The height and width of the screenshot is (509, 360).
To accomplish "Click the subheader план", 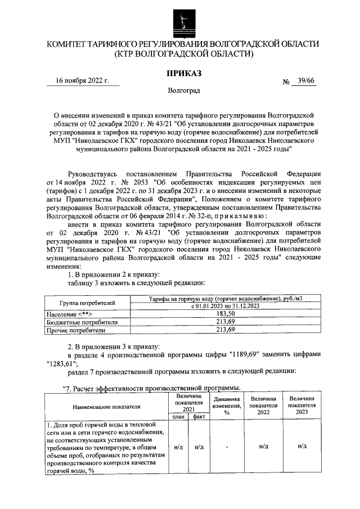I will [178, 417].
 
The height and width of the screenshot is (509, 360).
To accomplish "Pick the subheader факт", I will [199, 417].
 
